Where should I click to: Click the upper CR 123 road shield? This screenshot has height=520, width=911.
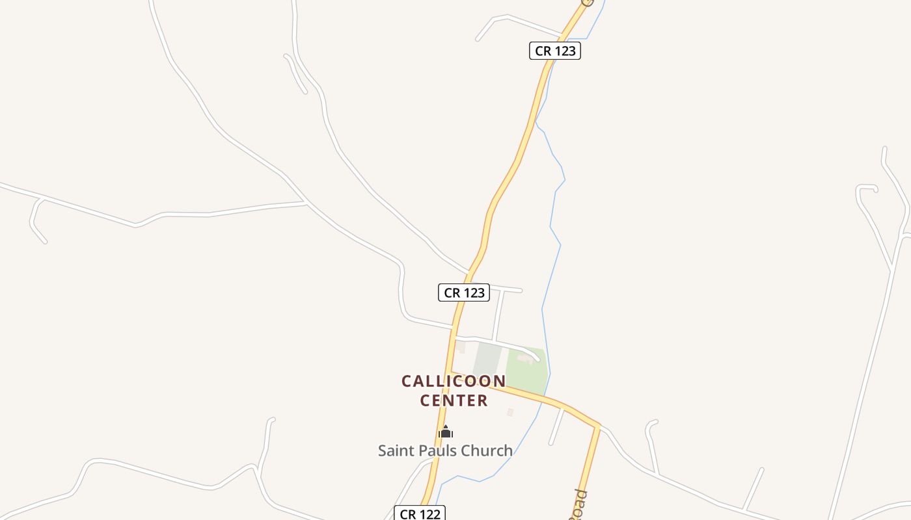pyautogui.click(x=554, y=51)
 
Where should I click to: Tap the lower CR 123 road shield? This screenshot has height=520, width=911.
pyautogui.click(x=463, y=292)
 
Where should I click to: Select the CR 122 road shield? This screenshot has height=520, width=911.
pyautogui.click(x=420, y=513)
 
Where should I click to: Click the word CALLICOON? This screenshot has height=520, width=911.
pyautogui.click(x=454, y=381)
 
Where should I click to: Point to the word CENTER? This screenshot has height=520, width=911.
pyautogui.click(x=454, y=400)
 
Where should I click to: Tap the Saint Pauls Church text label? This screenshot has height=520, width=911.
pyautogui.click(x=445, y=450)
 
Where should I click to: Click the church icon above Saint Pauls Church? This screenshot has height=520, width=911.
pyautogui.click(x=446, y=432)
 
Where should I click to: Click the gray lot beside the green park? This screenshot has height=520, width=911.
pyautogui.click(x=487, y=359)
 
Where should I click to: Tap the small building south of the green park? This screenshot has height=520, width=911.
pyautogui.click(x=510, y=412)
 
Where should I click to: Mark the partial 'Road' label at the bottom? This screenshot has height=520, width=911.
pyautogui.click(x=578, y=504)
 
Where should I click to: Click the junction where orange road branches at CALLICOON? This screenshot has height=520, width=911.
pyautogui.click(x=451, y=373)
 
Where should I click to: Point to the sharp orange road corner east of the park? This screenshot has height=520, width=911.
pyautogui.click(x=597, y=426)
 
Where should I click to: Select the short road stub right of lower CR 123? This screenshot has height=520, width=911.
pyautogui.click(x=507, y=289)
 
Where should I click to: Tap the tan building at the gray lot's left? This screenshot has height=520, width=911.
pyautogui.click(x=460, y=346)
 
